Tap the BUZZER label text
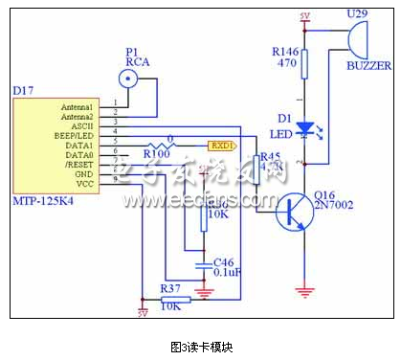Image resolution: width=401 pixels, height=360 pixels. point(368,66)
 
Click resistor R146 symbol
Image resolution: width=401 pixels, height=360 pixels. point(304,65)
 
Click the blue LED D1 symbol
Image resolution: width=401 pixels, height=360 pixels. point(304,127)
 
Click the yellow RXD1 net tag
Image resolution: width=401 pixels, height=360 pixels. point(221,146)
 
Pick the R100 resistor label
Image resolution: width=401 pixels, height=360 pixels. point(157,152)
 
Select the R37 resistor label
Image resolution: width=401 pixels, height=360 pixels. point(170,287)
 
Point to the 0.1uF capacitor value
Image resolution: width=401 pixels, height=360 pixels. point(225,272)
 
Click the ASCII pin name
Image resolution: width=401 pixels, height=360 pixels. point(82,124)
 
